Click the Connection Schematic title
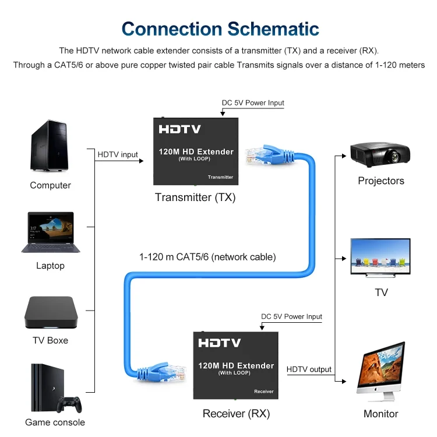pos(220,29)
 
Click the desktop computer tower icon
pos(50,146)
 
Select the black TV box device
pos(50,313)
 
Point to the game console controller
pos(69,404)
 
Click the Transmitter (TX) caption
pos(195,198)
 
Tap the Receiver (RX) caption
pos(236,414)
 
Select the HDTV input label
pos(118,154)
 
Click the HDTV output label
pos(309,369)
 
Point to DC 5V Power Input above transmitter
pos(253,103)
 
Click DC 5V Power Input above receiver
pos(291,317)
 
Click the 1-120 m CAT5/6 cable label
pos(207,256)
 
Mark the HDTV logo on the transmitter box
pos(179,129)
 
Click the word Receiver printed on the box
pos(263,392)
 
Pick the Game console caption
pos(55,422)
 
